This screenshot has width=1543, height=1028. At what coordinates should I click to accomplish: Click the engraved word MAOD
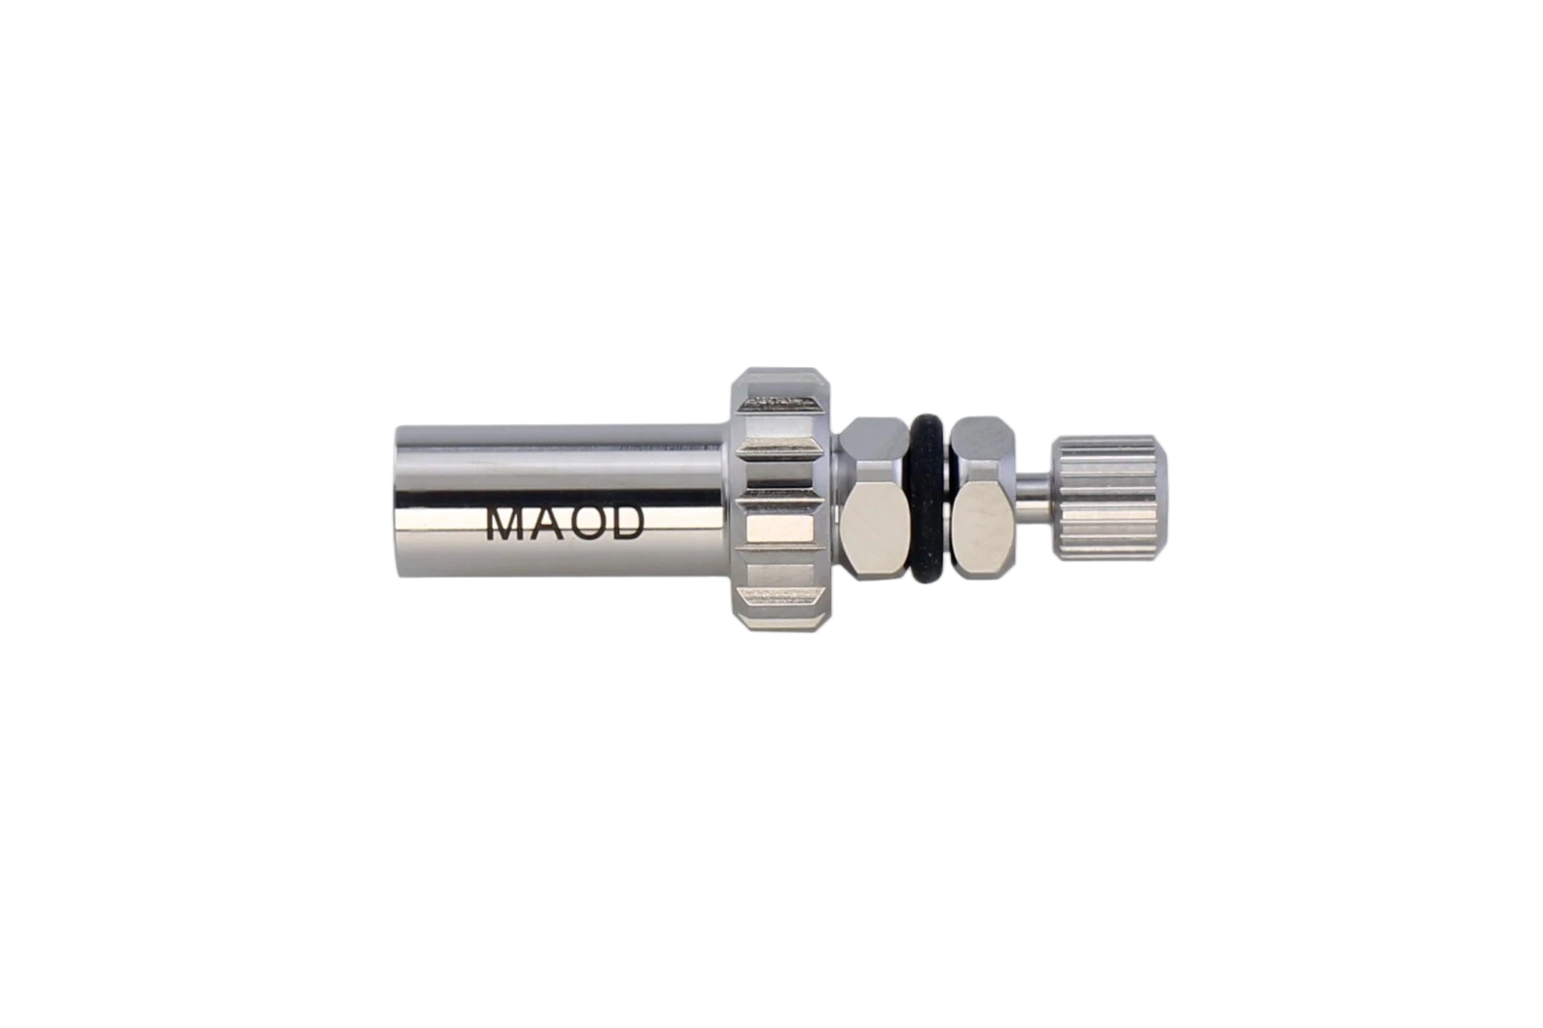pyautogui.click(x=565, y=525)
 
